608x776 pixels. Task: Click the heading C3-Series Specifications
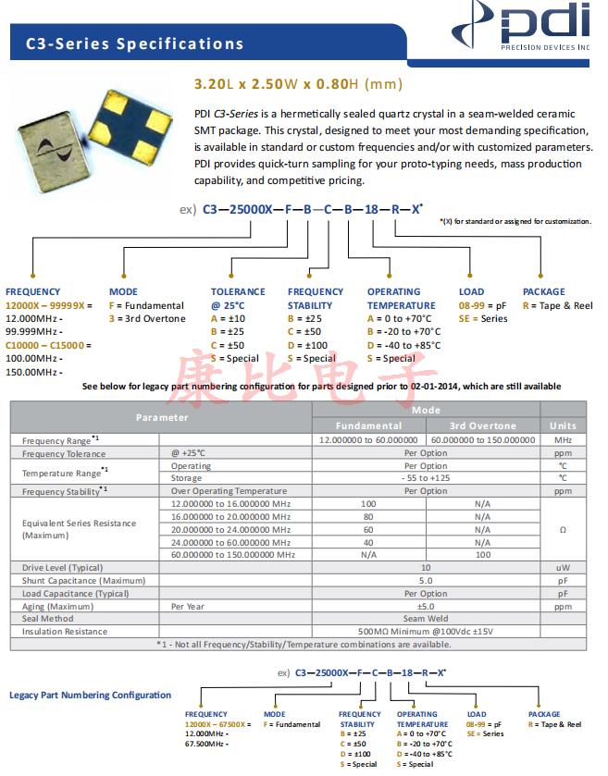(x=134, y=43)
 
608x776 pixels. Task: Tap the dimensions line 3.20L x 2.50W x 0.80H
(x=298, y=84)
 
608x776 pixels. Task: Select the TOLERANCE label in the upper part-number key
(x=238, y=292)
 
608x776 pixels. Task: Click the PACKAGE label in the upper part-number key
(x=543, y=292)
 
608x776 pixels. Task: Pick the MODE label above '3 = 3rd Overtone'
(x=123, y=292)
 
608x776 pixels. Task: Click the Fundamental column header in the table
(x=367, y=425)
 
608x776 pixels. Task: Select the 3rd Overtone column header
(x=482, y=425)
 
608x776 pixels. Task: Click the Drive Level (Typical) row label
(x=63, y=568)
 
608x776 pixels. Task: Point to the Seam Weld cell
(x=426, y=619)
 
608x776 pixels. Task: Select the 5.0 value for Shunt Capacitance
(x=426, y=581)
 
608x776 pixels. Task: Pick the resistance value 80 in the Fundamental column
(x=367, y=517)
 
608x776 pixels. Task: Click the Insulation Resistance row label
(x=65, y=632)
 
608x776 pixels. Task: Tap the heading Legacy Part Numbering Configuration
(x=90, y=695)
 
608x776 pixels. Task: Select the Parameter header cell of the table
(x=161, y=417)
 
